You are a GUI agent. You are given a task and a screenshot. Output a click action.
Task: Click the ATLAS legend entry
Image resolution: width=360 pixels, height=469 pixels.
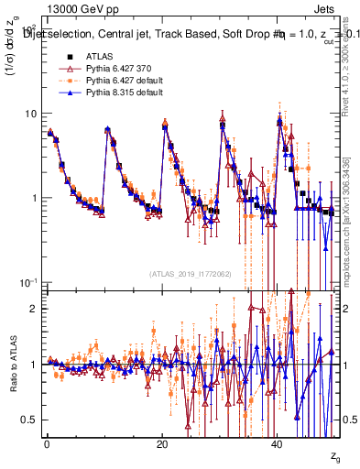point(98,57)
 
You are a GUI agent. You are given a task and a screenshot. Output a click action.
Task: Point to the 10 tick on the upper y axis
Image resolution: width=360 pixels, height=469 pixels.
point(30,114)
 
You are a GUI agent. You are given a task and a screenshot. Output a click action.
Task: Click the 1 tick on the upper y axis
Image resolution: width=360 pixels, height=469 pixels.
point(33,198)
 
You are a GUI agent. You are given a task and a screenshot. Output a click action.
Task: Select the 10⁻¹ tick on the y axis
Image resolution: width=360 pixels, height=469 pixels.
point(27,281)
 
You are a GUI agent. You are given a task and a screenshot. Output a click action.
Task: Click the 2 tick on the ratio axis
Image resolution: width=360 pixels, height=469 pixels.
point(34,309)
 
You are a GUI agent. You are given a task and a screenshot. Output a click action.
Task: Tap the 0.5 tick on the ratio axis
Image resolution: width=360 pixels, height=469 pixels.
point(29,420)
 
